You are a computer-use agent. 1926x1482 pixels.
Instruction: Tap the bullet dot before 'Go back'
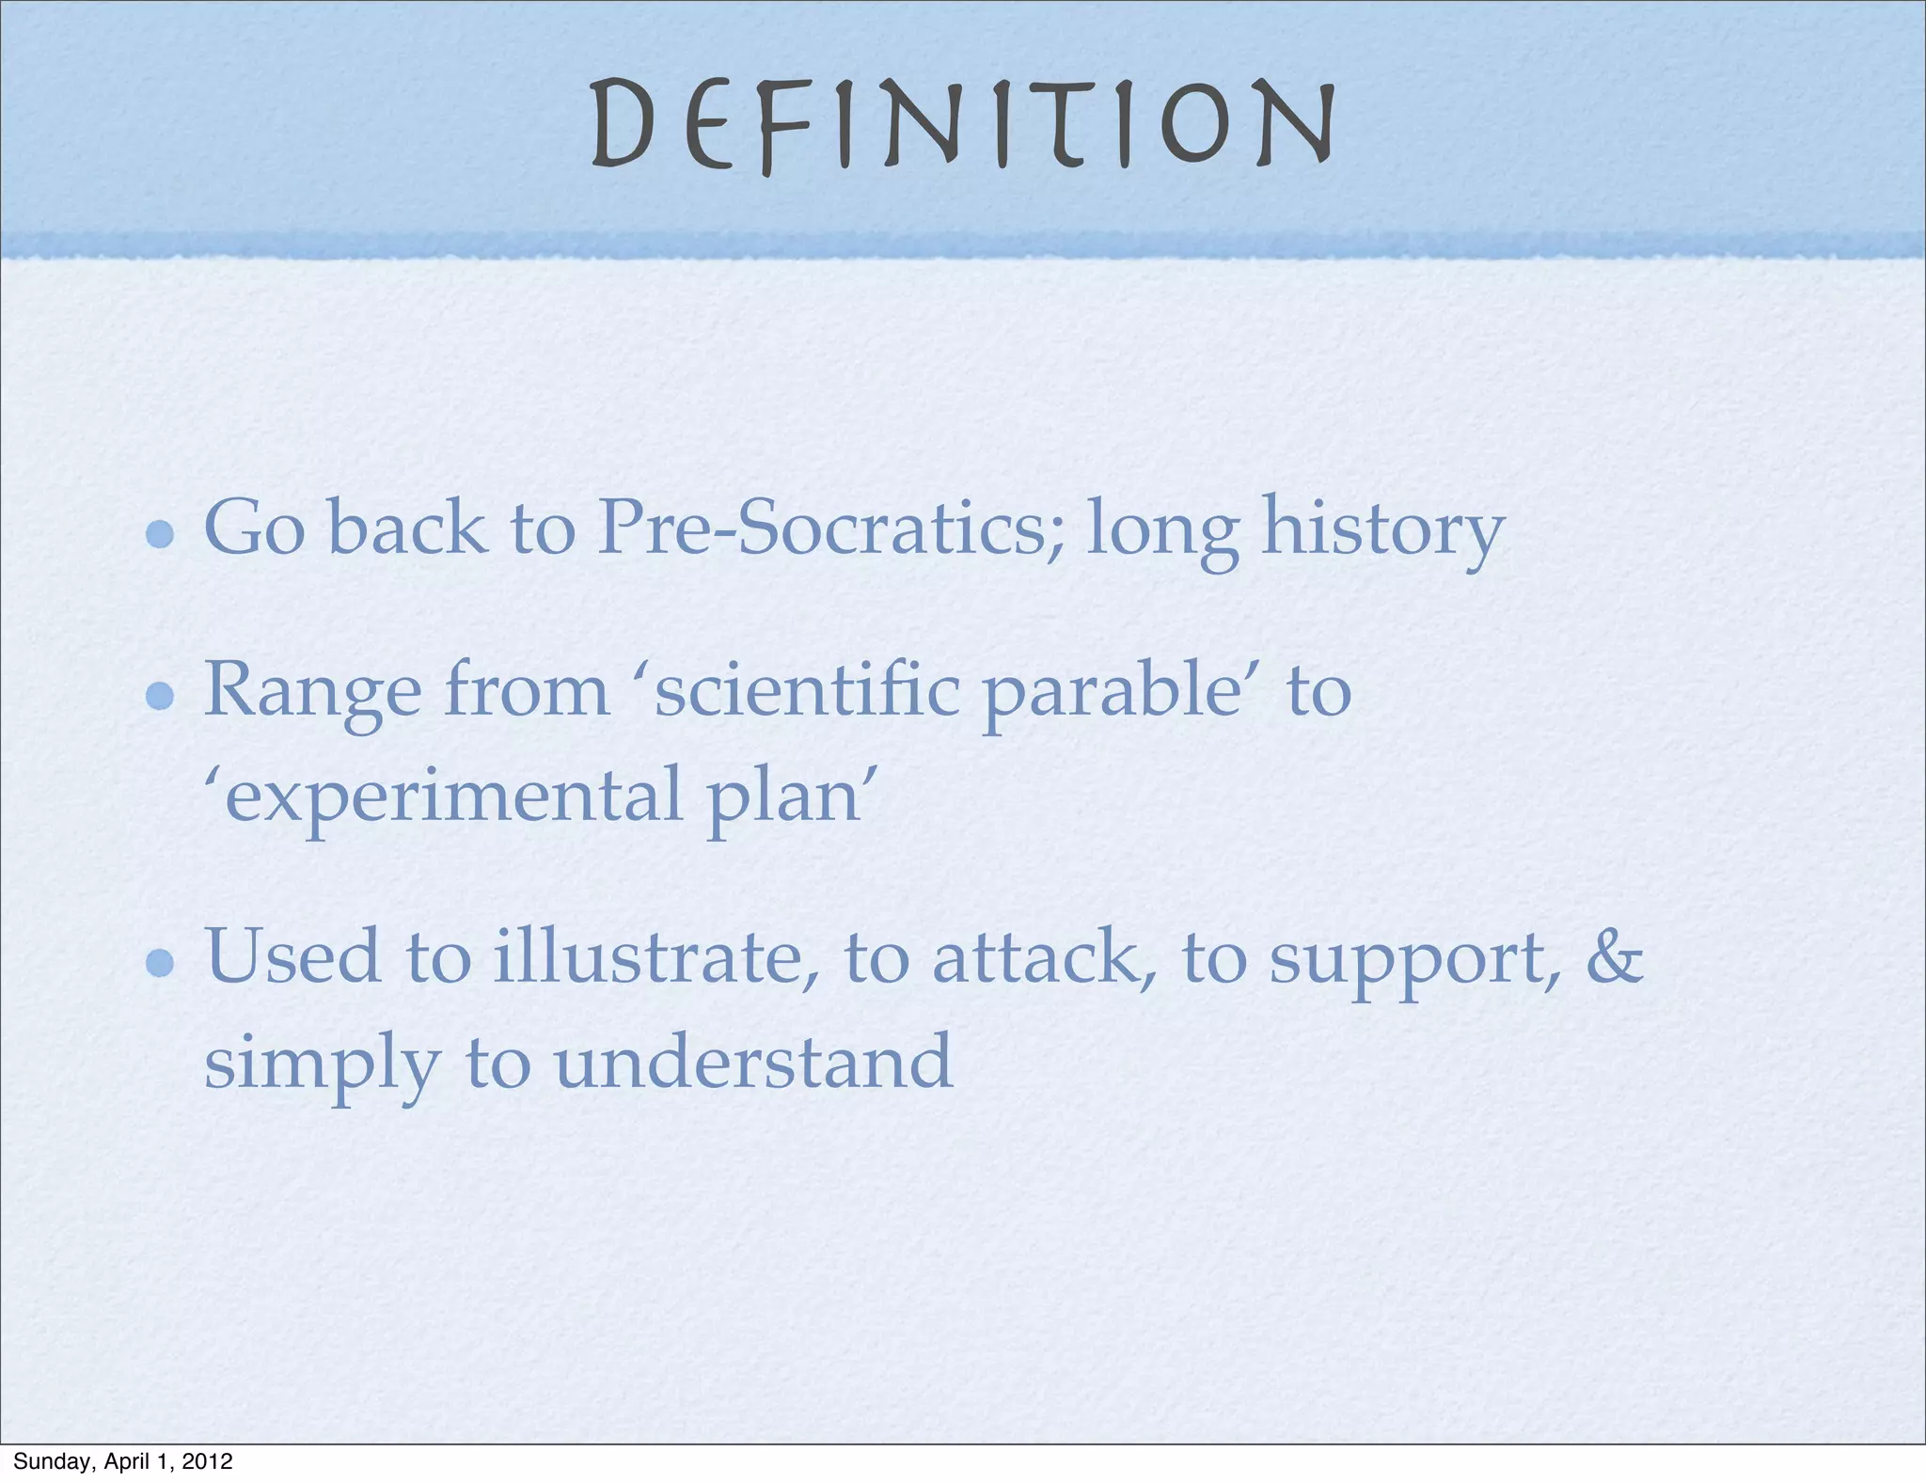click(161, 534)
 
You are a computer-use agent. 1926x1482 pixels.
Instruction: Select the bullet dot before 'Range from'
click(161, 696)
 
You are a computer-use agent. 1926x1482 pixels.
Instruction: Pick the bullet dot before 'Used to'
click(161, 962)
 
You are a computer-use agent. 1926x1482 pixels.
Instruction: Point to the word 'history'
click(1382, 529)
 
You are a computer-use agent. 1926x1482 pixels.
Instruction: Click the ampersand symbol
click(1614, 956)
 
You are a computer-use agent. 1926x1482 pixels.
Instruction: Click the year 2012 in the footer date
click(207, 1461)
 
